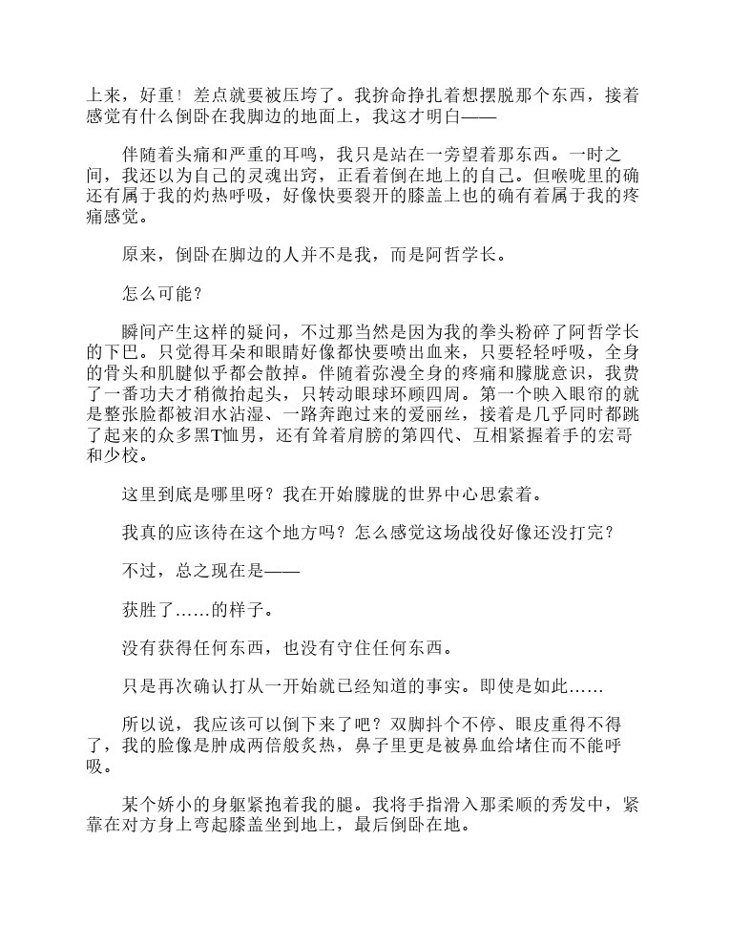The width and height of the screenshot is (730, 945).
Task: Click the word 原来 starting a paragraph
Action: pyautogui.click(x=140, y=255)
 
